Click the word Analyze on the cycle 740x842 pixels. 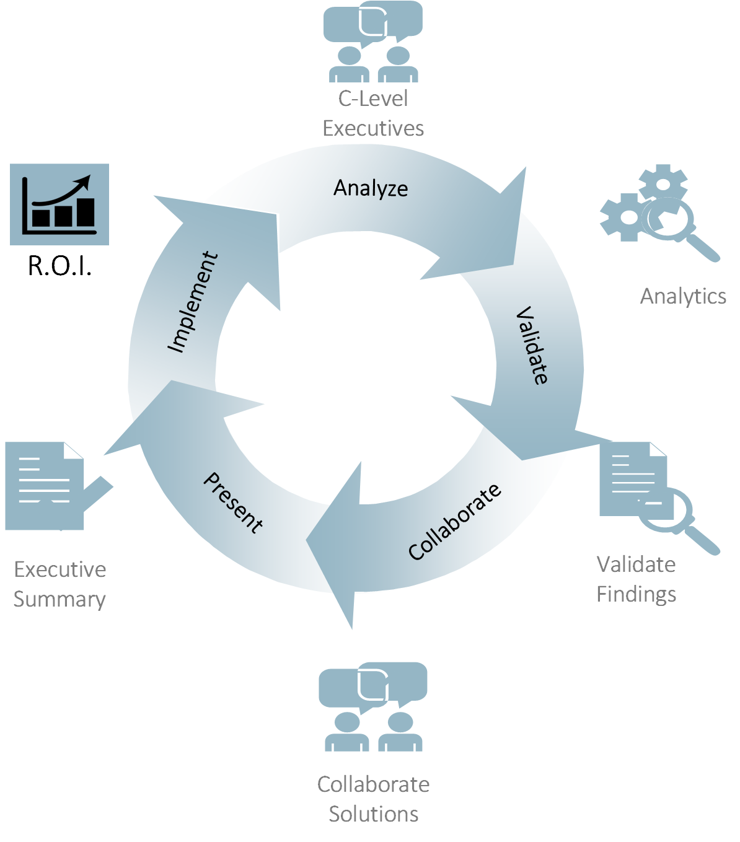coord(371,188)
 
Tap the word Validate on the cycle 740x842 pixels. coord(532,345)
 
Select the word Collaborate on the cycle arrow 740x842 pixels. coord(455,522)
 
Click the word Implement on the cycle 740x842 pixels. coord(193,302)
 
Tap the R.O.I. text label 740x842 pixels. coord(60,266)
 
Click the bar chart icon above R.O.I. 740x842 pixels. coord(59,206)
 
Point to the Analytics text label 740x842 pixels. coord(683,297)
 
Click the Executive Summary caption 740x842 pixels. coord(59,584)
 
